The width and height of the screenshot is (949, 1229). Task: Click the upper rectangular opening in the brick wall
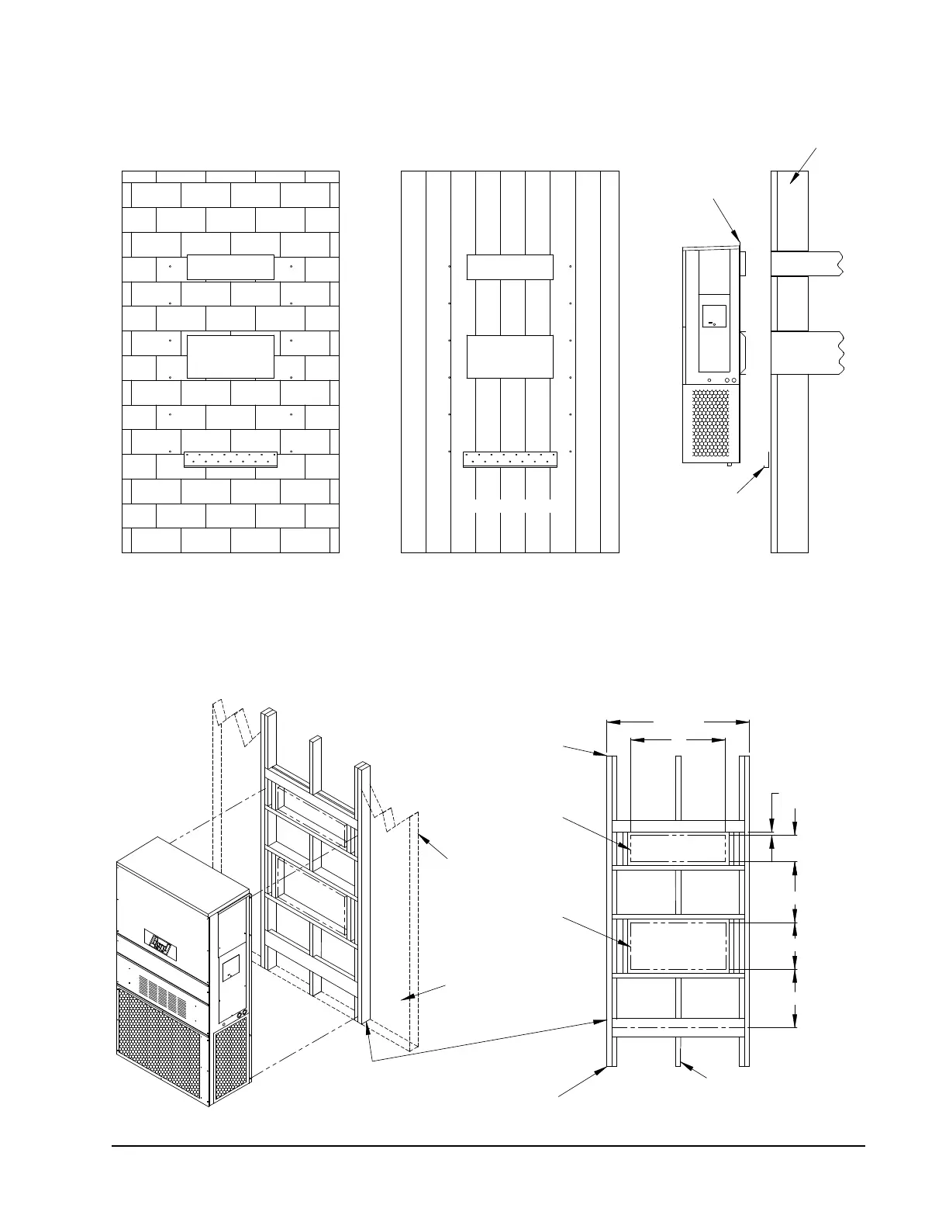click(x=231, y=267)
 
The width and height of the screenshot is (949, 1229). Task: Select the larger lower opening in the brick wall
click(x=231, y=357)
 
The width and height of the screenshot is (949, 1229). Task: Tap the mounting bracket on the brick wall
click(x=230, y=459)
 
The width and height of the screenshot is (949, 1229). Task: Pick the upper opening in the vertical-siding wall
click(x=510, y=267)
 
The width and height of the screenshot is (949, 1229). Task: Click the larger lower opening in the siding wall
click(x=510, y=358)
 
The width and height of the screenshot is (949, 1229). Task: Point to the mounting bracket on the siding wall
click(x=510, y=459)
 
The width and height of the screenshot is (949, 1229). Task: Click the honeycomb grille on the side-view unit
click(x=711, y=424)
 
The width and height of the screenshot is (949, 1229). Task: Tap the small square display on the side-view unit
click(x=713, y=317)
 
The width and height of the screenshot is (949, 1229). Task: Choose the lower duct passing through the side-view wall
click(x=806, y=353)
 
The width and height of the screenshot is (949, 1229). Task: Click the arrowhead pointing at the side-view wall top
click(x=793, y=179)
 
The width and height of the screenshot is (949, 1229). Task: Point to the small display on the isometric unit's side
click(x=230, y=969)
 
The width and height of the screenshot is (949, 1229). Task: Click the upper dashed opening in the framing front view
click(x=678, y=848)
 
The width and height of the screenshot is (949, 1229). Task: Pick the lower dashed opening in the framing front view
click(x=678, y=946)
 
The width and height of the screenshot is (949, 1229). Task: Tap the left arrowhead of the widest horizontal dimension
click(x=610, y=722)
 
